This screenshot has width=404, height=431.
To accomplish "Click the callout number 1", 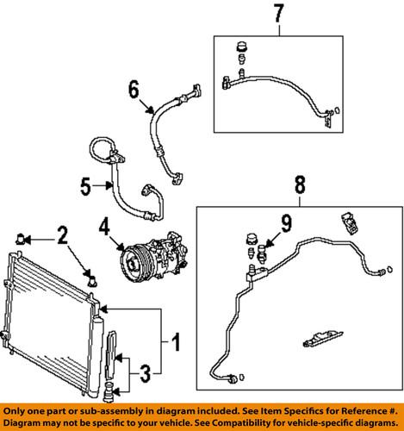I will (x=176, y=344).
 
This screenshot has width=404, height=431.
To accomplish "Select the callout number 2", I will (x=62, y=233).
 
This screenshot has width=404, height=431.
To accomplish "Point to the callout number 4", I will (x=104, y=228).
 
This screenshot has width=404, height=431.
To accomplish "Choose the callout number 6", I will (x=134, y=89).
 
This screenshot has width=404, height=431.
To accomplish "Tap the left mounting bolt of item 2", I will (x=22, y=234).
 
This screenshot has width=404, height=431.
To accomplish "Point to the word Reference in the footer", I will (x=359, y=410).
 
